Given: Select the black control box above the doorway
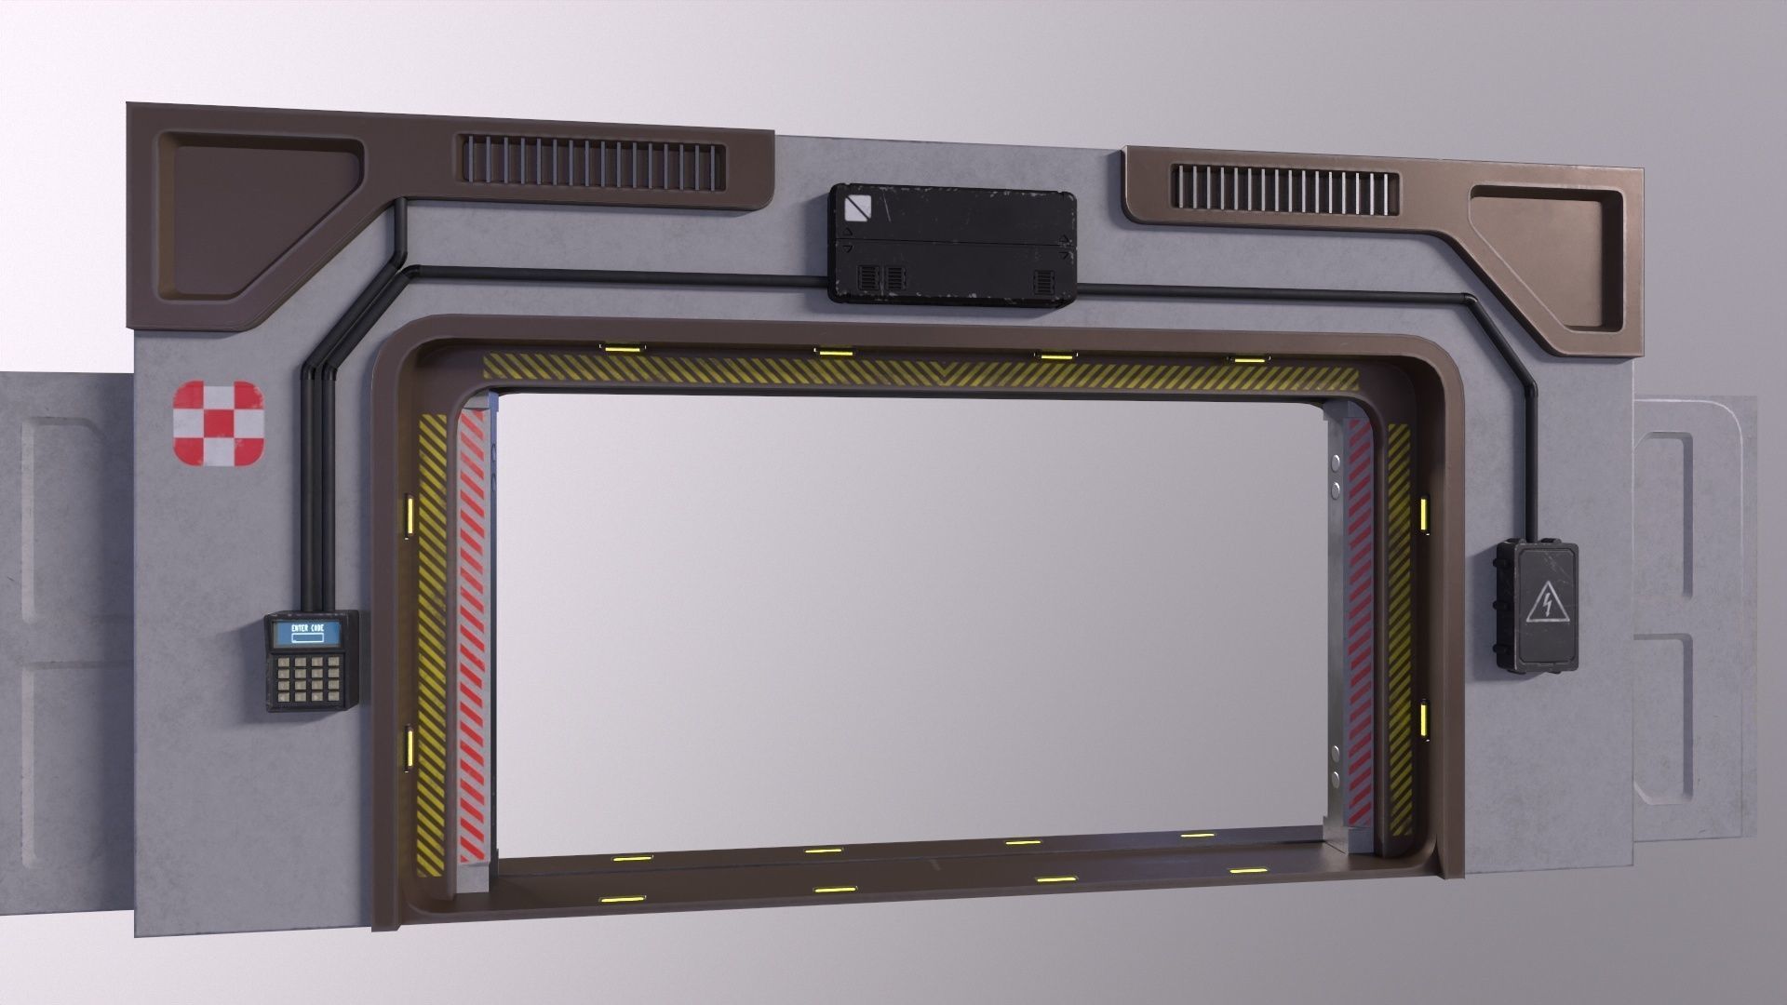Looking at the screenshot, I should pos(952,244).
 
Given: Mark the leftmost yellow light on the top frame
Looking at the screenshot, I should pos(616,348).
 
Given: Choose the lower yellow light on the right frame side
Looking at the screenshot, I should pos(1424,719).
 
